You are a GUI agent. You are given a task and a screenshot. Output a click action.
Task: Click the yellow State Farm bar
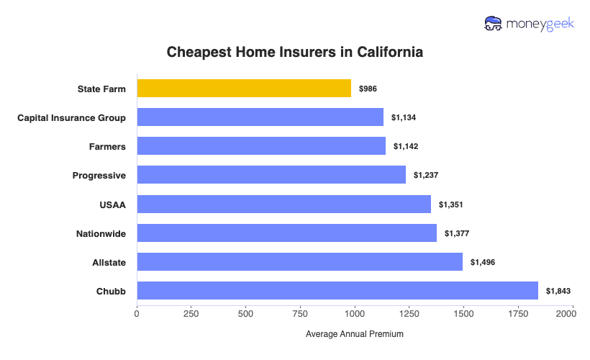coord(244,89)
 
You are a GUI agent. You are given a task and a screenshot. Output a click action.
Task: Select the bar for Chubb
coord(337,290)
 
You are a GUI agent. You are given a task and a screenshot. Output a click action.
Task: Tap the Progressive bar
coord(271,175)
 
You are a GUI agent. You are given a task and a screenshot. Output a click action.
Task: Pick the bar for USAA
coord(283,204)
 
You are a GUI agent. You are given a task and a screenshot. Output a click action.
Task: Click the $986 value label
coord(368,89)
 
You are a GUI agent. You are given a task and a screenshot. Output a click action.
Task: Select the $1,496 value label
coord(482,261)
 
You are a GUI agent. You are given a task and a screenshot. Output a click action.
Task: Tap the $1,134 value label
coord(403,117)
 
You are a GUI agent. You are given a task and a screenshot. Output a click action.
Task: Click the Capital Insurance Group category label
coord(71,117)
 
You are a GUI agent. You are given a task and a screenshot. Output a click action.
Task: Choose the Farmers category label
coord(108,146)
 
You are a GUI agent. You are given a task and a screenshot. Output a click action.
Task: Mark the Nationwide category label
coord(101,233)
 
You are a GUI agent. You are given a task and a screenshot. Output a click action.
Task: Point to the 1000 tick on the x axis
coord(354,314)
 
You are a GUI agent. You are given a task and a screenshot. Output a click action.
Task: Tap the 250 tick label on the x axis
coord(191,314)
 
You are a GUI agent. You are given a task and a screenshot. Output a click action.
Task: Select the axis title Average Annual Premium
coord(354,334)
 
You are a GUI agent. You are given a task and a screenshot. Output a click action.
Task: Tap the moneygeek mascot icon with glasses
coord(494,24)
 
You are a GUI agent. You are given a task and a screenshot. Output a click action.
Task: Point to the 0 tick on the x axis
coord(137,314)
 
